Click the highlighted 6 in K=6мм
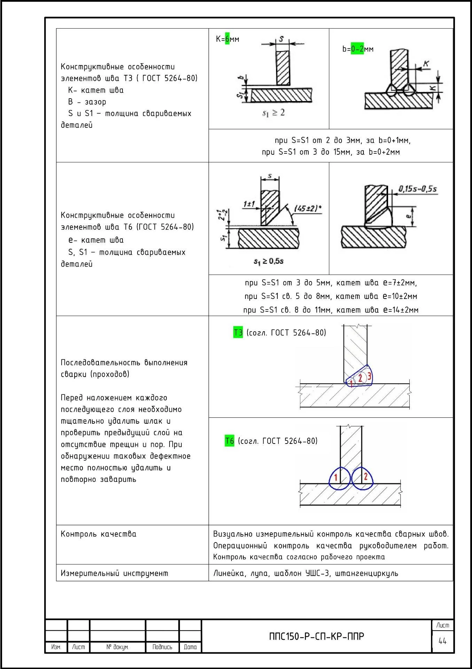227,39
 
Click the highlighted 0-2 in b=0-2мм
357,49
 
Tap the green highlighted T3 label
238,332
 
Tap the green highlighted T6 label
230,441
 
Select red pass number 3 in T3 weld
369,376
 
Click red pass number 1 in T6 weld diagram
336,477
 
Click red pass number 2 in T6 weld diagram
365,476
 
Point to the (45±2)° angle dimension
308,208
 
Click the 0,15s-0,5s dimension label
417,189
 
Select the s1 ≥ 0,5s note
268,261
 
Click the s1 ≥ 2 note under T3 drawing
273,113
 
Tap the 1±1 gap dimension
249,203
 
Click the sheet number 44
442,641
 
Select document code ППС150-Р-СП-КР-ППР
316,637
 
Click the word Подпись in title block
162,647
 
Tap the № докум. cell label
117,647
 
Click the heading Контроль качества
99,534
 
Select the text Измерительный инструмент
114,573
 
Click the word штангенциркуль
367,573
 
